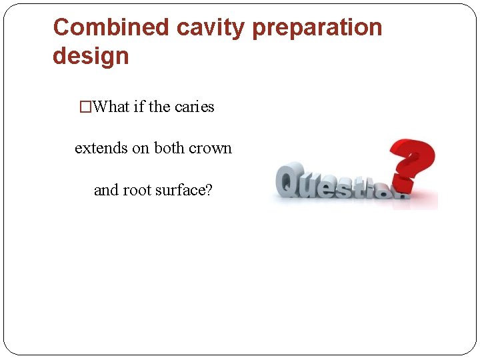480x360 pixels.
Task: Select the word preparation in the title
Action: tap(318, 27)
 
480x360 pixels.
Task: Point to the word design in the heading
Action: tap(91, 56)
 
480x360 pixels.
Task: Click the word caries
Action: tap(194, 107)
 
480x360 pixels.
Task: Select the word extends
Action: tap(101, 148)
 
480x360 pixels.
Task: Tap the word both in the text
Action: tap(171, 148)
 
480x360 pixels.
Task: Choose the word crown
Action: tap(211, 148)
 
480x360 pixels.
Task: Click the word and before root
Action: tap(106, 190)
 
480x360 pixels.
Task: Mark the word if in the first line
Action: tap(139, 107)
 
